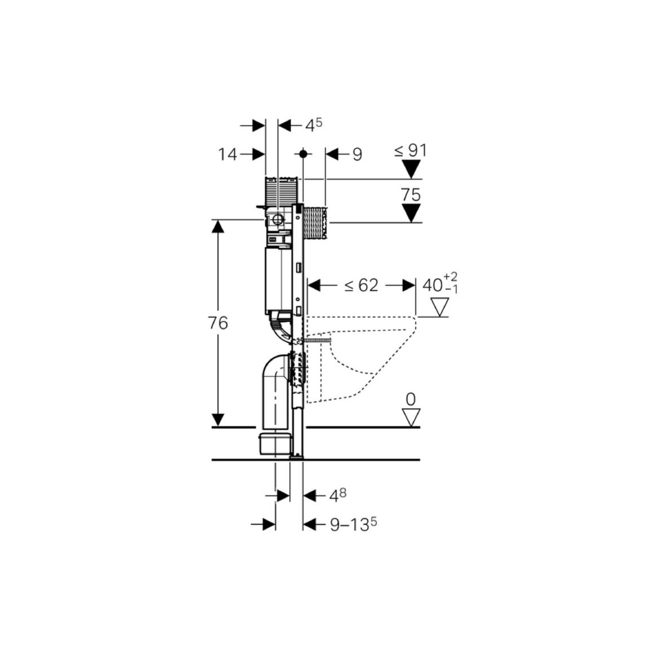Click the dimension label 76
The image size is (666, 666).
click(218, 323)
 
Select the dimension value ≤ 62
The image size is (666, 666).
click(361, 285)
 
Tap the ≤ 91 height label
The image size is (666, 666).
click(410, 150)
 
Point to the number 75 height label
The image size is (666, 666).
click(410, 195)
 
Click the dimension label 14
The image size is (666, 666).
click(227, 154)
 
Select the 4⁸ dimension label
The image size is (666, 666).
click(337, 495)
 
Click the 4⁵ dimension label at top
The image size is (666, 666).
click(313, 126)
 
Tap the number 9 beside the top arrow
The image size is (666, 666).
click(357, 154)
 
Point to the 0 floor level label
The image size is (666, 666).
click(410, 399)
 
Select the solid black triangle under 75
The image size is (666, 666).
click(411, 213)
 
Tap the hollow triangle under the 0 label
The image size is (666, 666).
click(411, 418)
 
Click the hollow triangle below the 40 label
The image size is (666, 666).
click(439, 307)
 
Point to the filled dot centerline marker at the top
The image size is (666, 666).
click(303, 154)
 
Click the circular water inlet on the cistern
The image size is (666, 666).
click(278, 219)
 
